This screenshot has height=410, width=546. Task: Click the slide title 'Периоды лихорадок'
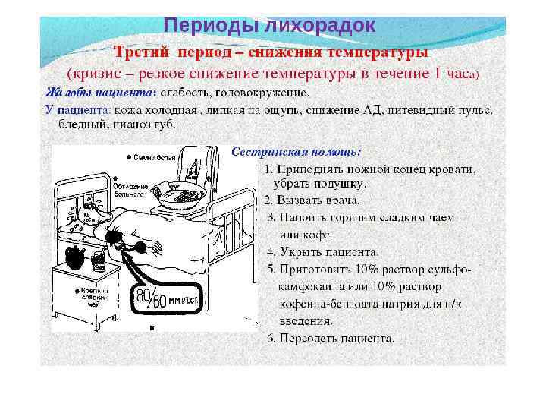click(x=270, y=26)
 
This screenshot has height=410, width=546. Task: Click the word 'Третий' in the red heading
click(x=143, y=53)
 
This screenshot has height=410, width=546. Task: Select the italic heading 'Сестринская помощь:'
click(x=296, y=152)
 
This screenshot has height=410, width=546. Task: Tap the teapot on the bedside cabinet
click(x=74, y=258)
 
